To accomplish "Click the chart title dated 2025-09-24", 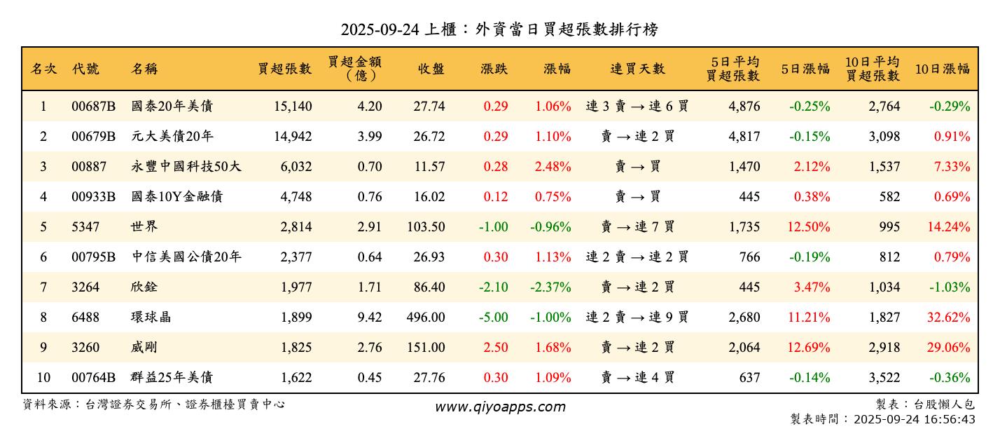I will [499, 29].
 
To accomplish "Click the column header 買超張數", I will [284, 69].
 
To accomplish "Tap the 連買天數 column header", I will [637, 69].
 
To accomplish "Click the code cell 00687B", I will [93, 107].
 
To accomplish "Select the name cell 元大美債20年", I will [172, 137].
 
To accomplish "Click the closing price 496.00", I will [426, 318].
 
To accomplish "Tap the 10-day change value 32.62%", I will [949, 318].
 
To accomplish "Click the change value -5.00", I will [493, 318].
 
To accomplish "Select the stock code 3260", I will [85, 348].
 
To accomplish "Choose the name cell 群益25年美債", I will [172, 378].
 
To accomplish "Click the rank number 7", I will [43, 287].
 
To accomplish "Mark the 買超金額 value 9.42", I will [370, 318].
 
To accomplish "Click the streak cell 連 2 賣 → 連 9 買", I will [637, 318].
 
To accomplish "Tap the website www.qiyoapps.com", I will [500, 407].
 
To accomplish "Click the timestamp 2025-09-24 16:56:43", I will [913, 419].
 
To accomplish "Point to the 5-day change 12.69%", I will [809, 348].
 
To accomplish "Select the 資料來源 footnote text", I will [154, 404].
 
